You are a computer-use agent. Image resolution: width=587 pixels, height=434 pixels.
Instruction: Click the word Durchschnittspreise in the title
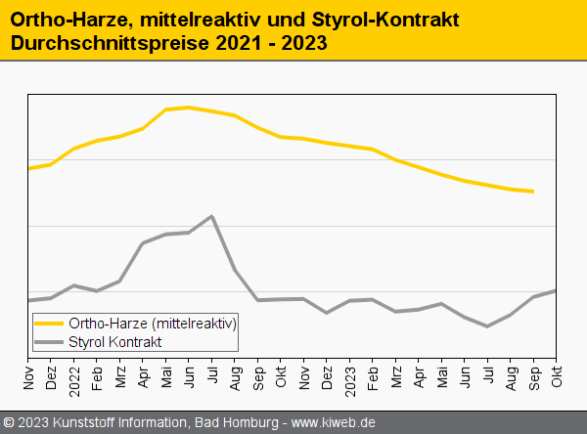(103, 44)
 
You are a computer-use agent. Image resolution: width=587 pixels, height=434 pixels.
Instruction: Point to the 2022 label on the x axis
(74, 375)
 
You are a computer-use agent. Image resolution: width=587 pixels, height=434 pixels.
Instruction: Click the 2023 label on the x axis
(350, 375)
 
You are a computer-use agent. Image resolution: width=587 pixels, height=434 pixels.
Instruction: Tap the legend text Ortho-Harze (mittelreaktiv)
(153, 323)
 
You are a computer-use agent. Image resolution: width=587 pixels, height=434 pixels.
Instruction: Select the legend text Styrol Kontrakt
(114, 341)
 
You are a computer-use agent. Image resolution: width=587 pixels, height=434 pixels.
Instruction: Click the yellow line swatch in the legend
(49, 323)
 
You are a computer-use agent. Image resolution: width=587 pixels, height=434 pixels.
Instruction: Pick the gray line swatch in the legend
(49, 341)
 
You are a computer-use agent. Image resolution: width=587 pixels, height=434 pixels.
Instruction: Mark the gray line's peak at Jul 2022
(212, 216)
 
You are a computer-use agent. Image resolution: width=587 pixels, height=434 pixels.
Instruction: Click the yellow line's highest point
(189, 108)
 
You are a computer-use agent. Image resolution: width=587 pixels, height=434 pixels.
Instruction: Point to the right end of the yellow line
(533, 192)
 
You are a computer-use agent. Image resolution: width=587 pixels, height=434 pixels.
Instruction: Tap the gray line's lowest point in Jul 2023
(487, 326)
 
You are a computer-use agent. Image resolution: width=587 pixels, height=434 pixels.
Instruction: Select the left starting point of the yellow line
(28, 168)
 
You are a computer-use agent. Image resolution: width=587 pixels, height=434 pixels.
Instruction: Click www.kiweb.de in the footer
(334, 422)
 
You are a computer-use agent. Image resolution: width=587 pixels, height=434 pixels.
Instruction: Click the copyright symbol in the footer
(10, 422)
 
